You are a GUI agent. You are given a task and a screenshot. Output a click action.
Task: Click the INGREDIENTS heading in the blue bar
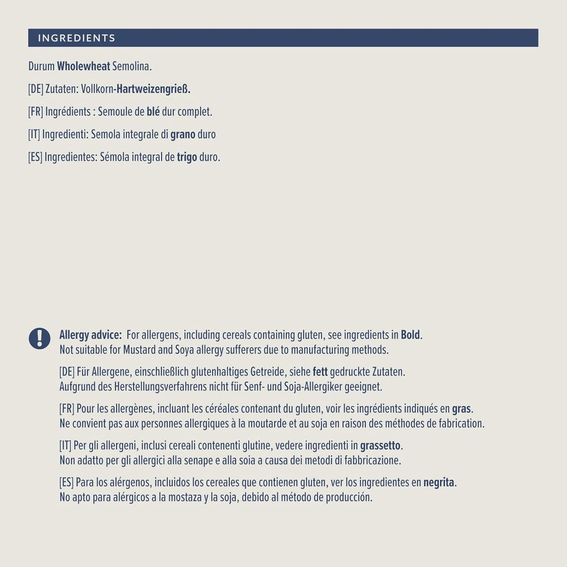point(77,38)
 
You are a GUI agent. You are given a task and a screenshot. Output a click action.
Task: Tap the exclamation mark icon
point(39,338)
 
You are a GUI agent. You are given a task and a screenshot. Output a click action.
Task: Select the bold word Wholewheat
point(83,66)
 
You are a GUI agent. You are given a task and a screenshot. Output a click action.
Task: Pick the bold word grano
point(183,134)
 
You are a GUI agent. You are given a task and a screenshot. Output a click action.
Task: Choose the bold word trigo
point(187,157)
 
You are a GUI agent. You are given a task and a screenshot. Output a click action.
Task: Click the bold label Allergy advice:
point(90,335)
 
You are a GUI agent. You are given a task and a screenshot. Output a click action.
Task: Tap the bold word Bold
point(411,335)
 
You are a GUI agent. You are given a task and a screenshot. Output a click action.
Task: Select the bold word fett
point(320,372)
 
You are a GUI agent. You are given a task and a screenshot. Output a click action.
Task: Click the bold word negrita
point(439,483)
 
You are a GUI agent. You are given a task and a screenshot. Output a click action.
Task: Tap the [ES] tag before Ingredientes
point(35,157)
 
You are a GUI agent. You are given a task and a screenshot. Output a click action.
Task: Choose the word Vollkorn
point(96,89)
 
